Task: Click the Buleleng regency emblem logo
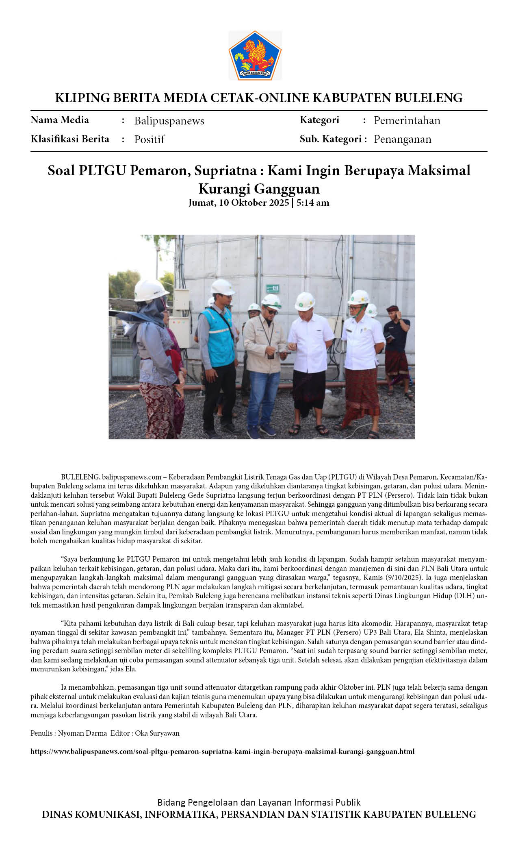[255, 55]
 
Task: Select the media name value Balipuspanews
[169, 121]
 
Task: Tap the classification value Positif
[149, 139]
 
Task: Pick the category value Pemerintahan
[407, 120]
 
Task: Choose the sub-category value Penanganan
[402, 139]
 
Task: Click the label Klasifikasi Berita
[70, 139]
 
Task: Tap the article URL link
[222, 751]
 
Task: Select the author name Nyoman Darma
[82, 733]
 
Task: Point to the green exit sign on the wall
[272, 288]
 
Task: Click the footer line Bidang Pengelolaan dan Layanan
[259, 802]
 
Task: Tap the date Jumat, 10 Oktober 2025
[238, 203]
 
